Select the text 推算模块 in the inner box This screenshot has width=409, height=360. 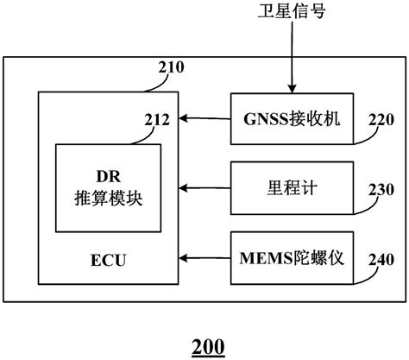pos(108,197)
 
